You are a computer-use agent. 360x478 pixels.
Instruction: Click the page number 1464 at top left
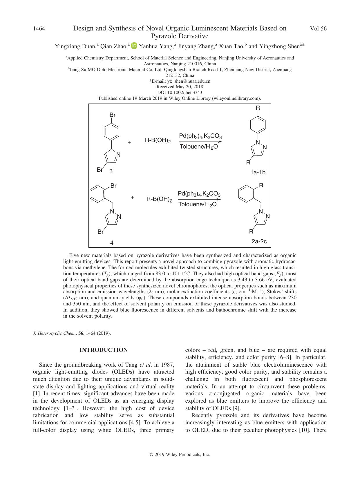coord(39,29)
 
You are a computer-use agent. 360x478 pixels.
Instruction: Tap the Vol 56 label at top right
coord(318,29)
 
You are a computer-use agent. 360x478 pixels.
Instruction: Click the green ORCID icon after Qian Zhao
coord(134,46)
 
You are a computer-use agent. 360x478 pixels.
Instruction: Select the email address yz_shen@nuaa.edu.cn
coord(180,81)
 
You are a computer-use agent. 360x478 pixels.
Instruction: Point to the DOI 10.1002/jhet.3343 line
coord(180,93)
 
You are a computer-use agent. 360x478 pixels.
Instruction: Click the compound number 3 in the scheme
coord(111,171)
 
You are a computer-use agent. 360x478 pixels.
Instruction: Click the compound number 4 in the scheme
coord(112,243)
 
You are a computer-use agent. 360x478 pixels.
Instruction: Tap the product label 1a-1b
coord(258,173)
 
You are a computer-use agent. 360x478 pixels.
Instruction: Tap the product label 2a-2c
coord(259,241)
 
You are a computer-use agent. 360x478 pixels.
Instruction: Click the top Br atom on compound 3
coord(113,115)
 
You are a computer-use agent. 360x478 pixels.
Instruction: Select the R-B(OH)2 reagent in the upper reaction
coord(158,141)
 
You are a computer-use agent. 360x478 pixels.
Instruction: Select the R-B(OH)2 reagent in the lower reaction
coord(159,200)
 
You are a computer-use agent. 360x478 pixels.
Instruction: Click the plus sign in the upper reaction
coord(129,142)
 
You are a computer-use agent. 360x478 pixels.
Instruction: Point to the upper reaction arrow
coord(200,142)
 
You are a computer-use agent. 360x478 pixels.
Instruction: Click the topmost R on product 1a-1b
coord(258,108)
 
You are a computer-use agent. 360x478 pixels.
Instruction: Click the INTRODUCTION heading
coord(104,350)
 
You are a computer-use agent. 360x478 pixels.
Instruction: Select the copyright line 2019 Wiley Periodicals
coord(180,455)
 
